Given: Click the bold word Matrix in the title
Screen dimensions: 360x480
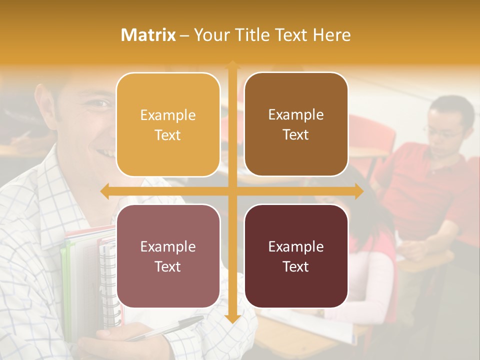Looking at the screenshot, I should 148,34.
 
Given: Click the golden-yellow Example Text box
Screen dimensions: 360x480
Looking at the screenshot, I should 168,124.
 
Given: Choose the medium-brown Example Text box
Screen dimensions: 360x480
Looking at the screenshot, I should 296,124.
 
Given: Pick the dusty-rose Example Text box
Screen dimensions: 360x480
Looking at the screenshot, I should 168,256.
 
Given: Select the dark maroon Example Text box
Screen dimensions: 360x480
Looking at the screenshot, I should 296,256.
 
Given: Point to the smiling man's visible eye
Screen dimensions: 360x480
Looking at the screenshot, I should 101,103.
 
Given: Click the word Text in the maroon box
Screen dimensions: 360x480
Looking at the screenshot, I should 296,266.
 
